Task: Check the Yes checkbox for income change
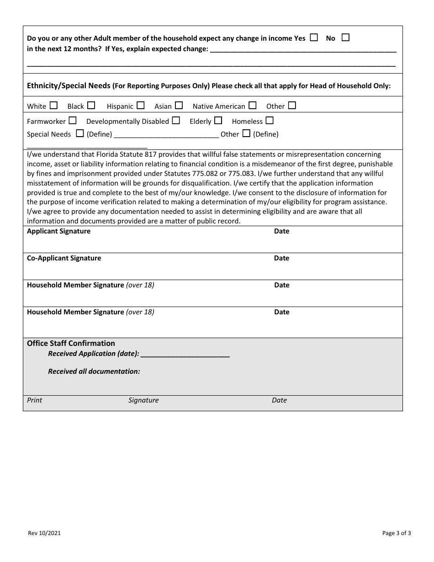(x=314, y=38)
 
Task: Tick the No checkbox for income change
(x=345, y=38)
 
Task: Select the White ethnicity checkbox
(x=53, y=106)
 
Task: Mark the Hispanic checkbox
(x=141, y=106)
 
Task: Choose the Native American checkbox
(x=253, y=106)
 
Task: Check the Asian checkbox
(x=179, y=106)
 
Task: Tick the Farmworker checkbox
(x=73, y=121)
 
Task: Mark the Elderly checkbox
(x=218, y=121)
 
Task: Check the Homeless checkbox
(x=270, y=121)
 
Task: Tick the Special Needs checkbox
(x=80, y=133)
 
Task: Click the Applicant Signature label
(x=58, y=231)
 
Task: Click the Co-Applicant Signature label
(x=64, y=258)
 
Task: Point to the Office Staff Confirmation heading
(x=71, y=343)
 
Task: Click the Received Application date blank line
(x=185, y=354)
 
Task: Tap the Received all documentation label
(x=94, y=371)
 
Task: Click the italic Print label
(x=34, y=400)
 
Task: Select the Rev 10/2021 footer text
(x=44, y=533)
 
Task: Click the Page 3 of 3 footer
(x=397, y=533)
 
